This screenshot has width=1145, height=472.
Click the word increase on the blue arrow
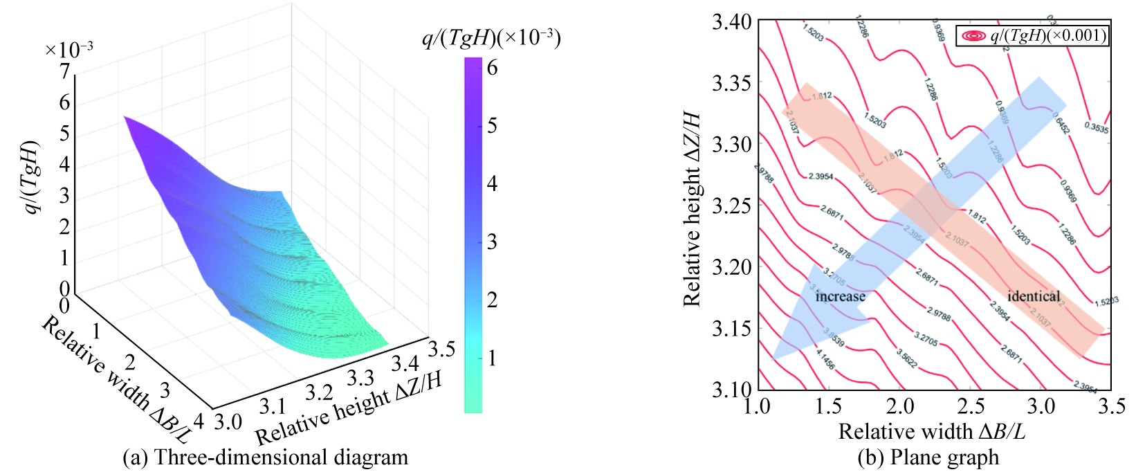pyautogui.click(x=840, y=297)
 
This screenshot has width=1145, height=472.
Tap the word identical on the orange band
pyautogui.click(x=1033, y=296)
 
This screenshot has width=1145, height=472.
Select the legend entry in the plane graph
pyautogui.click(x=1032, y=35)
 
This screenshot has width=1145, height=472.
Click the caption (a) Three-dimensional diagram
pyautogui.click(x=265, y=457)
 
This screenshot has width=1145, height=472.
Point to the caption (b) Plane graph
pyautogui.click(x=928, y=457)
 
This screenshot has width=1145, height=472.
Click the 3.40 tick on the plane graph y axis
pyautogui.click(x=731, y=22)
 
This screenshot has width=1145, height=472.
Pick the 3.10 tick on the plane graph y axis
pyautogui.click(x=731, y=388)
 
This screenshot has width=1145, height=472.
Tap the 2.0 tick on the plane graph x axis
pyautogui.click(x=899, y=406)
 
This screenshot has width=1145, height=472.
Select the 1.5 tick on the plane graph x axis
pyautogui.click(x=829, y=406)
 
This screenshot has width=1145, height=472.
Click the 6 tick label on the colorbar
pyautogui.click(x=492, y=68)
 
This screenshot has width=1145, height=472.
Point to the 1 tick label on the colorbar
pyautogui.click(x=492, y=358)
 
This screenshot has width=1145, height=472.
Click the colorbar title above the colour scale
pyautogui.click(x=491, y=38)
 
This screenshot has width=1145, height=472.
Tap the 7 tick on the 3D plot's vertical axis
pyautogui.click(x=64, y=72)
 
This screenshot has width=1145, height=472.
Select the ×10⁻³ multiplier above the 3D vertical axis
pyautogui.click(x=68, y=50)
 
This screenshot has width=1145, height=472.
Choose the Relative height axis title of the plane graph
pyautogui.click(x=692, y=208)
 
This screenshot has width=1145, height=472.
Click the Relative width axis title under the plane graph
pyautogui.click(x=931, y=432)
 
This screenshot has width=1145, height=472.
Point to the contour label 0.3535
pyautogui.click(x=1096, y=128)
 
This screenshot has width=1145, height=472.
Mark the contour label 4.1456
pyautogui.click(x=825, y=359)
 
